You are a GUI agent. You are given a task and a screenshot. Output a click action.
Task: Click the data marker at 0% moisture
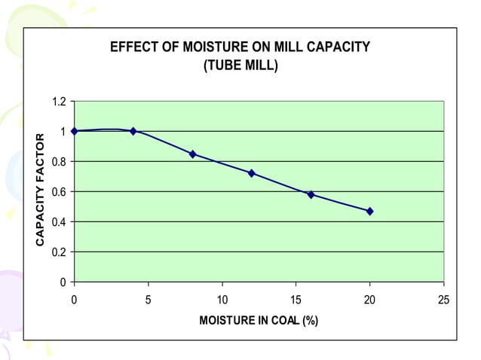(74, 131)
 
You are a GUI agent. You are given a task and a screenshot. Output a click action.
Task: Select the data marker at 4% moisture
(133, 131)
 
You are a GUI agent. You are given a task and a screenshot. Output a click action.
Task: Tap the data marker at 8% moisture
(192, 154)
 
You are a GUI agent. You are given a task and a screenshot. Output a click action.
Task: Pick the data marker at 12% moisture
(252, 173)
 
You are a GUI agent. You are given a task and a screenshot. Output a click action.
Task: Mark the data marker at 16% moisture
(311, 194)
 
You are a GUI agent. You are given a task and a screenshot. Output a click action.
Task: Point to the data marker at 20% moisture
(369, 211)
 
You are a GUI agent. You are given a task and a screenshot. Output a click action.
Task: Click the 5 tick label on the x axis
(149, 299)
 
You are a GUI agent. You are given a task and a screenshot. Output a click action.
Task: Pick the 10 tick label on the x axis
(222, 299)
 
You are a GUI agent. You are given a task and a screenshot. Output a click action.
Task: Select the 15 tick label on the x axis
(296, 299)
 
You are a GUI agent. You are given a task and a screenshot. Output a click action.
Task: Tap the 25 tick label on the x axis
(443, 299)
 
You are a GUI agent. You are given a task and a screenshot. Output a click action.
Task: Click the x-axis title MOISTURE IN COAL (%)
(259, 321)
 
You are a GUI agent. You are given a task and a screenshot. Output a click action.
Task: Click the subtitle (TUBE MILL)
(240, 66)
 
